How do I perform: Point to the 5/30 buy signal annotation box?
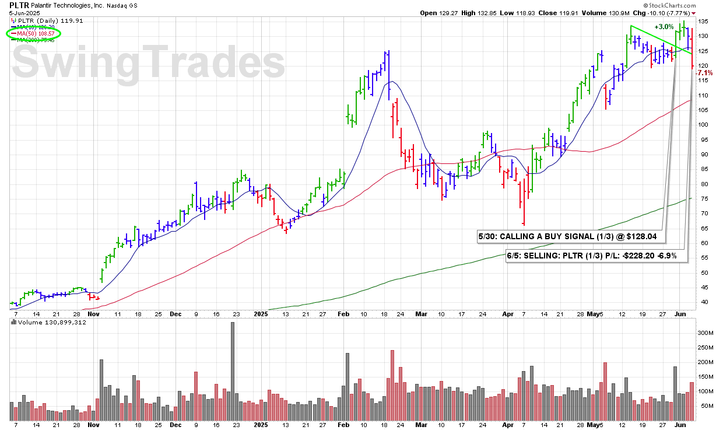point(570,236)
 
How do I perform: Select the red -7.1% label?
point(704,73)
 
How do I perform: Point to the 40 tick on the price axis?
point(703,302)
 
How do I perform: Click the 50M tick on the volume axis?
point(705,405)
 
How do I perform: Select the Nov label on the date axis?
point(93,313)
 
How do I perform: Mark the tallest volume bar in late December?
point(233,371)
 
